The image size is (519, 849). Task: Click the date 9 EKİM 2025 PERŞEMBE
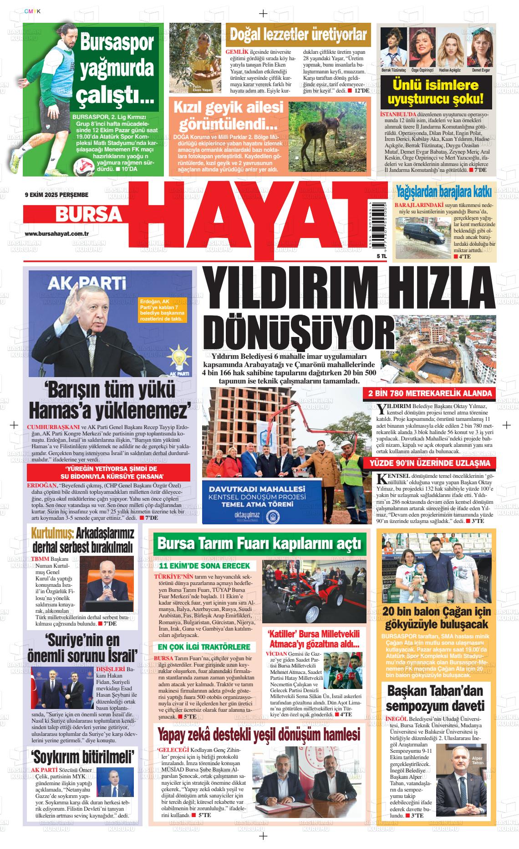pos(56,195)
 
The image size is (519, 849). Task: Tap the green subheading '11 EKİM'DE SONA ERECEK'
pos(204,565)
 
